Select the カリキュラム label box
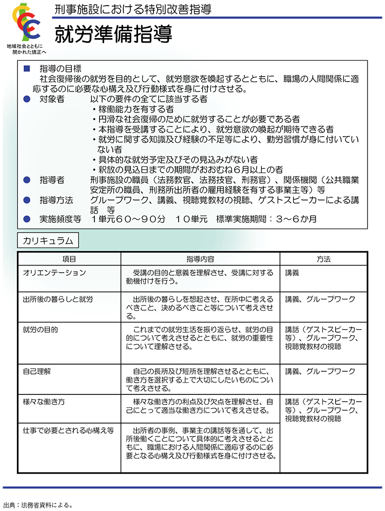[x=48, y=240]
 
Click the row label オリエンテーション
[x=54, y=273]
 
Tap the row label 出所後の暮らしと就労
[x=58, y=299]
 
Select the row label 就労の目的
[x=40, y=329]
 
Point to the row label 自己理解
[x=37, y=371]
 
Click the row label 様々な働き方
[x=44, y=401]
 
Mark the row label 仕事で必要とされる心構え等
[x=68, y=429]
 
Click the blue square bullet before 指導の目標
[x=28, y=68]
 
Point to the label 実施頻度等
[x=60, y=219]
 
